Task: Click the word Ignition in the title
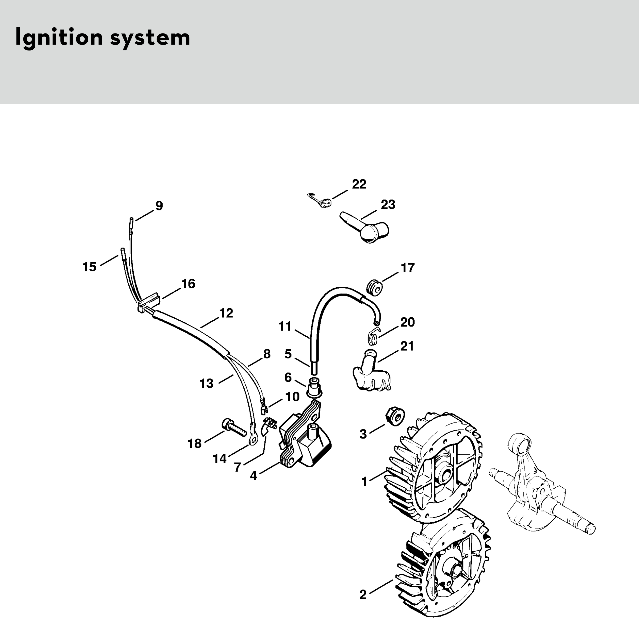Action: pos(59,38)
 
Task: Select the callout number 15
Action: pos(89,267)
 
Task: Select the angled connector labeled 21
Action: pos(370,374)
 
